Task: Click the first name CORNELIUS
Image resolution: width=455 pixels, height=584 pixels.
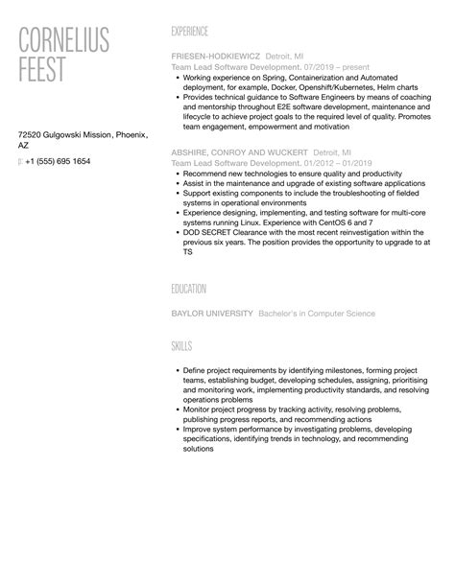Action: coord(64,41)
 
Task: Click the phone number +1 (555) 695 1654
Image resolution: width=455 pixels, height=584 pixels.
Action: coord(59,161)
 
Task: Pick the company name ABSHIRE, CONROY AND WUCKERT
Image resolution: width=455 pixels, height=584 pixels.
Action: coord(239,152)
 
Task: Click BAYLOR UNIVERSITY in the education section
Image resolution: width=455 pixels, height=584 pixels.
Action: coord(211,314)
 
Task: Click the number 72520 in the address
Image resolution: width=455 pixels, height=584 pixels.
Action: coord(32,135)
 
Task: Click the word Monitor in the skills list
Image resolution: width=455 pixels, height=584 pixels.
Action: coord(197,408)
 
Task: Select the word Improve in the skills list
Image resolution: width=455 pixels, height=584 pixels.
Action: coord(196,430)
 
